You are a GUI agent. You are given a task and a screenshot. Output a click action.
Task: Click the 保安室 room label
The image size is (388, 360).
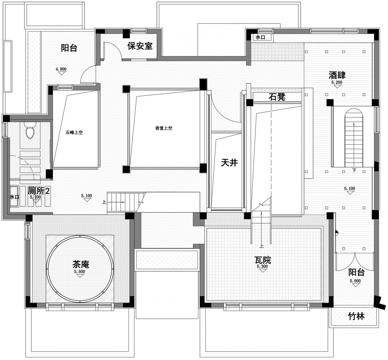(140, 46)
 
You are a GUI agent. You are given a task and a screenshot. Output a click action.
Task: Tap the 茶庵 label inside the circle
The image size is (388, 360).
(81, 264)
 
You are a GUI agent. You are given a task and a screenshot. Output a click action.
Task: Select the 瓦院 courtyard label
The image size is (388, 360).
(263, 260)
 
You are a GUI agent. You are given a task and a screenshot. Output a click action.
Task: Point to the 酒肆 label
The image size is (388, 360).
(337, 75)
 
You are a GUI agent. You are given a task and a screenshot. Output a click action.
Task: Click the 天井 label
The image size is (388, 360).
(230, 162)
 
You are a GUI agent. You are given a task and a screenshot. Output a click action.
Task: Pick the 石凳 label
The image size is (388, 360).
(277, 97)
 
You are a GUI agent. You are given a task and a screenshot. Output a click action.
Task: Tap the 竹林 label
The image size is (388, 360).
(356, 316)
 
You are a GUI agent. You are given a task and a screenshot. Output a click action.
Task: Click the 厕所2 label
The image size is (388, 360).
(39, 191)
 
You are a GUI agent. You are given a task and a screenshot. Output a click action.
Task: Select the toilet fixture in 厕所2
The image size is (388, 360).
(30, 130)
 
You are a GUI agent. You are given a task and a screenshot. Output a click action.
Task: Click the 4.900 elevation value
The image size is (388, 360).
(61, 69)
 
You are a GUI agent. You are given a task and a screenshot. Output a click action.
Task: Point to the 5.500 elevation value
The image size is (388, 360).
(80, 272)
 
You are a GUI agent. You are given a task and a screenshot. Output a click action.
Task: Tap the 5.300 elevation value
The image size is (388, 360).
(262, 267)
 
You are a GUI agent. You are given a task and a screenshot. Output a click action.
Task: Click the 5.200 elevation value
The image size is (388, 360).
(337, 82)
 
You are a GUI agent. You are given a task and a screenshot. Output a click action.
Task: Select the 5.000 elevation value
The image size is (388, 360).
(355, 281)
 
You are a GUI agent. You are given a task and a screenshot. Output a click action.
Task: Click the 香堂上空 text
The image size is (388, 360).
(164, 128)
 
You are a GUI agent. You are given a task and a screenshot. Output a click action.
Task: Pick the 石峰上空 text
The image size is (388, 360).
(74, 133)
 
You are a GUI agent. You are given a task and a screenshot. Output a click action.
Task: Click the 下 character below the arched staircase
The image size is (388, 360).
(354, 170)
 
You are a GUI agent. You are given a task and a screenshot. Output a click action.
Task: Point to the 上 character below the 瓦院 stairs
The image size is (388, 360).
(261, 246)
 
